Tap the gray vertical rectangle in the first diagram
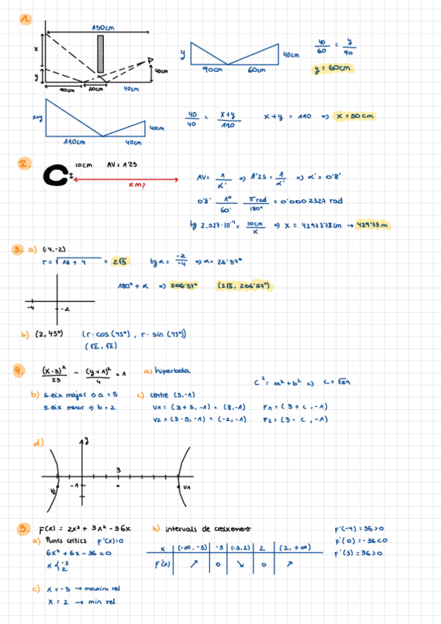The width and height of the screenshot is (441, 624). (100, 54)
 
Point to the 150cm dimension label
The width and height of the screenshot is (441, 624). (103, 28)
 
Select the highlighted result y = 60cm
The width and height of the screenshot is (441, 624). (333, 69)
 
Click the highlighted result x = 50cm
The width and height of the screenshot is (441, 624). (356, 116)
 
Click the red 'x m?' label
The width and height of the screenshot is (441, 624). (136, 185)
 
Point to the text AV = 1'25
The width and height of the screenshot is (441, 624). (121, 166)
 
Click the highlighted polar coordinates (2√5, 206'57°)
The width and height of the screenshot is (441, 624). (244, 285)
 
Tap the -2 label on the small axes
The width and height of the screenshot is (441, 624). (65, 308)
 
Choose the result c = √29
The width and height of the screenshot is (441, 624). (339, 382)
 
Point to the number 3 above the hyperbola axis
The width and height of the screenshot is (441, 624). (118, 470)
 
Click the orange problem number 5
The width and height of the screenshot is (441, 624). (25, 528)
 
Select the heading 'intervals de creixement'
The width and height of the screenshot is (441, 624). (202, 528)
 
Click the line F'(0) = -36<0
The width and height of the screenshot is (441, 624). (357, 542)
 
